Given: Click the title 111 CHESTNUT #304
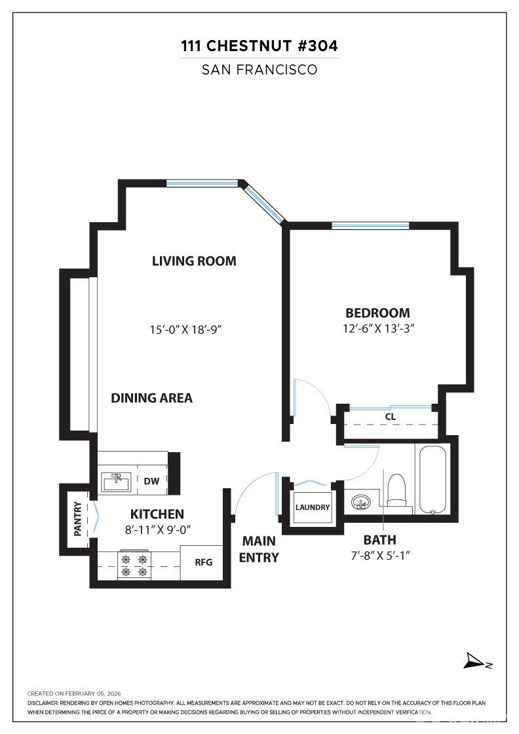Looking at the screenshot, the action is (259, 46).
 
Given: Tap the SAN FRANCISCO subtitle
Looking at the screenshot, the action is (259, 69).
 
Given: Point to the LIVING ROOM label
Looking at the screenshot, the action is (194, 261).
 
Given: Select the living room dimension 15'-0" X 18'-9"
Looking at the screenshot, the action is (185, 330).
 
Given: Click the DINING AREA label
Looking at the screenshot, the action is (151, 398).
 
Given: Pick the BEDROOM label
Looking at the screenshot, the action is (377, 313).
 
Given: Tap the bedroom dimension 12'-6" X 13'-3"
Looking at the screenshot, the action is (379, 328).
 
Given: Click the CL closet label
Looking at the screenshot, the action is (391, 417).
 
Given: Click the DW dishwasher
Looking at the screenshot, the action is (151, 481).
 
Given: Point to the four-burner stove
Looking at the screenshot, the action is (134, 565).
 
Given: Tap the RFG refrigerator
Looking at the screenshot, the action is (204, 562).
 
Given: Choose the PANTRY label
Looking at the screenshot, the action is (78, 518).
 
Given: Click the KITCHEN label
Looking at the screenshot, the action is (157, 514).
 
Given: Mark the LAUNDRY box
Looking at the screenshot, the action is (313, 507).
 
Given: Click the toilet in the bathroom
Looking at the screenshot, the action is (396, 491).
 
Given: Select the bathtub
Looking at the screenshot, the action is (432, 479).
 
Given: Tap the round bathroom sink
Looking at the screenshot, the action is (360, 502).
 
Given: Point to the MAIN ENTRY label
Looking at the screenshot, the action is (259, 549).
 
